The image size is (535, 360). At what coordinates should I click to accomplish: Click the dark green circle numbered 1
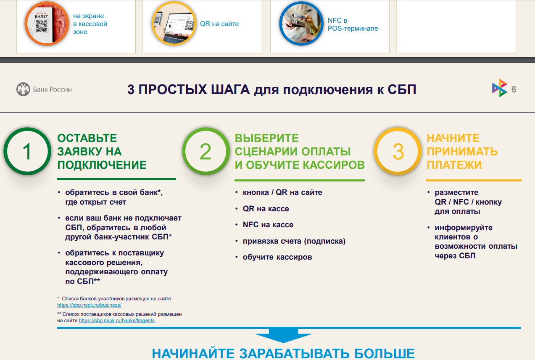pyautogui.click(x=27, y=129)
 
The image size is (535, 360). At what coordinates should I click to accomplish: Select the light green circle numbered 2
pyautogui.click(x=206, y=129)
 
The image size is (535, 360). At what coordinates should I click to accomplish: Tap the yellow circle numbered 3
pyautogui.click(x=398, y=129)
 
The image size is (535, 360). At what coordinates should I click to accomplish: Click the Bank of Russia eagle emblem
pyautogui.click(x=23, y=89)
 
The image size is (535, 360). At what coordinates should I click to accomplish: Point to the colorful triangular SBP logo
pyautogui.click(x=500, y=88)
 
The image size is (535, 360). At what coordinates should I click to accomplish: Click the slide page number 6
pyautogui.click(x=514, y=89)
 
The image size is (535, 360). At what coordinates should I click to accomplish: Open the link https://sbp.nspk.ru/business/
pyautogui.click(x=90, y=305)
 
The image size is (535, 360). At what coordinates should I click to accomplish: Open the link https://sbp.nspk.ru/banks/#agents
pyautogui.click(x=116, y=321)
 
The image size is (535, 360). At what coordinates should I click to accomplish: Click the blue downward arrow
pyautogui.click(x=284, y=335)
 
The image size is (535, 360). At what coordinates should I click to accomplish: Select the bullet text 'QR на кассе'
pyautogui.click(x=266, y=209)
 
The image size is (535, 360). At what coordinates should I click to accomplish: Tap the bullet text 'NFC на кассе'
pyautogui.click(x=268, y=225)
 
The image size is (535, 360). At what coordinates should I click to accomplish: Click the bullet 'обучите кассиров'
pyautogui.click(x=277, y=257)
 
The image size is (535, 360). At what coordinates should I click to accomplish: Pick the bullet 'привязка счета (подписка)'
pyautogui.click(x=294, y=241)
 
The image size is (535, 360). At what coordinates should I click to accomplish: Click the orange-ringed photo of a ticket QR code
pyautogui.click(x=47, y=24)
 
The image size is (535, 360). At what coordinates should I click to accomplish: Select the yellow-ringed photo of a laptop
pyautogui.click(x=174, y=24)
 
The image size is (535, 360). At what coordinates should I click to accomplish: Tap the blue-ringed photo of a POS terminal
pyautogui.click(x=301, y=24)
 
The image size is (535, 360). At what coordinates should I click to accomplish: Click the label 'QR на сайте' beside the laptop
pyautogui.click(x=219, y=24)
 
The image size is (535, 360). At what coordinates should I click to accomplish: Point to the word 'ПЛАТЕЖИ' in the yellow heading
pyautogui.click(x=454, y=165)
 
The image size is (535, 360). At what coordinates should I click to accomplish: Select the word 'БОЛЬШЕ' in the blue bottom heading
pyautogui.click(x=384, y=354)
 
